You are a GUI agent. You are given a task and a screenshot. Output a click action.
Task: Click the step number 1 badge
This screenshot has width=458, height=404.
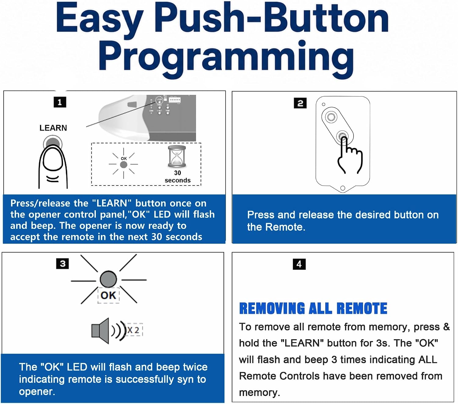pos(60,102)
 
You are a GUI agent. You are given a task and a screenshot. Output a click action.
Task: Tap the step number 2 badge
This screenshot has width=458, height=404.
pos(300,103)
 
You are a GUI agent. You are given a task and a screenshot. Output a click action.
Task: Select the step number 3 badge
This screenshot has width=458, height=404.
pos(62,263)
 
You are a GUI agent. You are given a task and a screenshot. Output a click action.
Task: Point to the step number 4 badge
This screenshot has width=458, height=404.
pos(299,264)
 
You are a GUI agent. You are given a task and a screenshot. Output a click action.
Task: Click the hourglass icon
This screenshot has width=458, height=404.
pos(177,157)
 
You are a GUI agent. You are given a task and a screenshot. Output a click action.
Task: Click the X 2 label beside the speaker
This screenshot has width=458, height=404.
pos(133,330)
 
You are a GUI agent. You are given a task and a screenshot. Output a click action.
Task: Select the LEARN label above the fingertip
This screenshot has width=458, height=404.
pos(53,128)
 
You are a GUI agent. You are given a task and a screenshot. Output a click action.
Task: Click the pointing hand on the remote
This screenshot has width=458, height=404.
pos(350,156)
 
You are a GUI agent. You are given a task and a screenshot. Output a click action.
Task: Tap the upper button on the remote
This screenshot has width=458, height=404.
pos(331,117)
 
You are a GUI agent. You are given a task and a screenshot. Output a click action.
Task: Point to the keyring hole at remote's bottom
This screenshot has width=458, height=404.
pos(343,188)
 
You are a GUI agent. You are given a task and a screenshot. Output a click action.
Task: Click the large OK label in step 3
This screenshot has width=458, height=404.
pos(108,295)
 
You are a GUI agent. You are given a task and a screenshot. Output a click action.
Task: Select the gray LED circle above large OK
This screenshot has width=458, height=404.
pos(108,279)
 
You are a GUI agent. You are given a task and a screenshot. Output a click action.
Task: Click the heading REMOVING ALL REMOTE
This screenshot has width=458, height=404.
pos(313,308)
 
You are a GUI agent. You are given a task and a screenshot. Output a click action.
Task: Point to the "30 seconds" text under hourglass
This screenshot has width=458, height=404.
pos(177,176)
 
